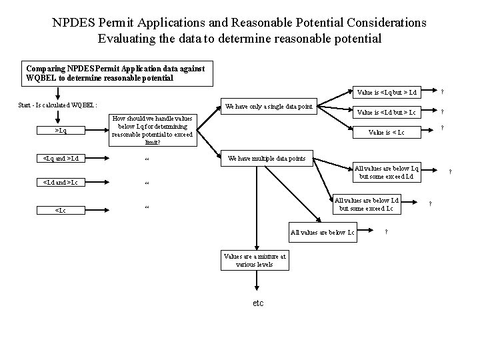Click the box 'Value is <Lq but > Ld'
point(387,92)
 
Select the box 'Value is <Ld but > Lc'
point(387,112)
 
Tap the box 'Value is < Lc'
point(387,132)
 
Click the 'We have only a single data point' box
point(269,106)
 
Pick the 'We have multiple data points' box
point(267,159)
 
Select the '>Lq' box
point(61,131)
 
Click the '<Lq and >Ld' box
point(61,159)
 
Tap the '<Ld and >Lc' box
point(61,183)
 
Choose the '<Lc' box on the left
point(61,210)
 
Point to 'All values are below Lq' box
point(387,173)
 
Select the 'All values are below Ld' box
point(367,204)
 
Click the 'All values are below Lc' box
point(322,232)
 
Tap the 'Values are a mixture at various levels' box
point(255,260)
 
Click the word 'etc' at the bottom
point(258,303)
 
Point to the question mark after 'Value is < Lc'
point(443,130)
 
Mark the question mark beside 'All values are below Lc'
point(387,232)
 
